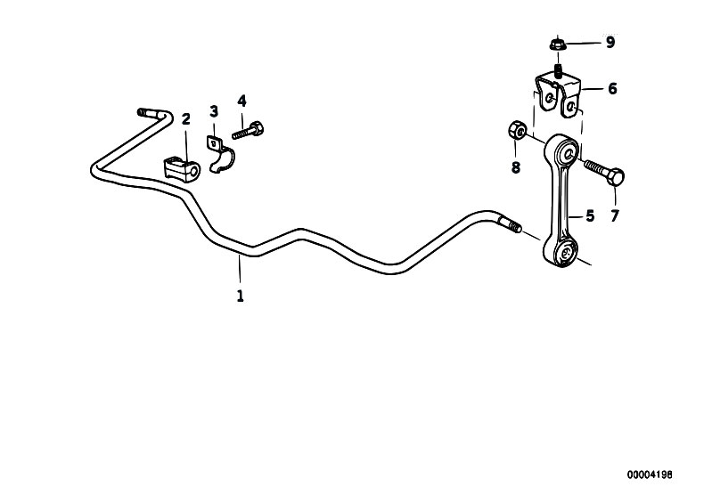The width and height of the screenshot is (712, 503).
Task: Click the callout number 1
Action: tap(241, 296)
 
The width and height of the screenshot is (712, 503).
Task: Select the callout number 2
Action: tap(185, 119)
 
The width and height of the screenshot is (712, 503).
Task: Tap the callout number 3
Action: tap(214, 111)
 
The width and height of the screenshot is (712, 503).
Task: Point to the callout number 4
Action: tap(241, 101)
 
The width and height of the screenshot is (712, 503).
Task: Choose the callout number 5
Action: tap(589, 216)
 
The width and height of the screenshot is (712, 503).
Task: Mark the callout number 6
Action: tap(612, 88)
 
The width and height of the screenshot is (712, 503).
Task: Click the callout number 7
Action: tap(614, 216)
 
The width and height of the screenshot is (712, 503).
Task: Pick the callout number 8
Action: tap(515, 168)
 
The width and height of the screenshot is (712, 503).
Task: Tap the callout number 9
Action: tap(610, 43)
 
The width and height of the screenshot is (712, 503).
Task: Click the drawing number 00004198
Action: tap(650, 475)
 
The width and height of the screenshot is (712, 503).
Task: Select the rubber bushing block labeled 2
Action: tap(181, 169)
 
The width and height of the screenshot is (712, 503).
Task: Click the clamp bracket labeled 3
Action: tap(221, 154)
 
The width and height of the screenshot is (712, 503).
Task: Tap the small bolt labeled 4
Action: tap(248, 130)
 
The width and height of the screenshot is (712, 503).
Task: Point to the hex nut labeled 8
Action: tap(517, 130)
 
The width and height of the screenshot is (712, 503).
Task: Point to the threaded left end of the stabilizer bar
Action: tap(144, 112)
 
